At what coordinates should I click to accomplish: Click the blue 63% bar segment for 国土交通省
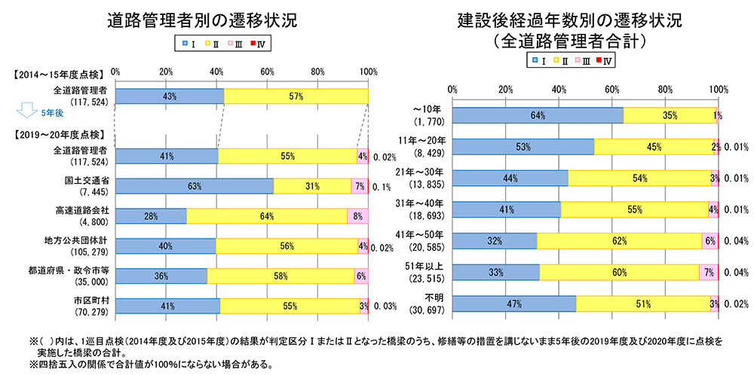point(195,186)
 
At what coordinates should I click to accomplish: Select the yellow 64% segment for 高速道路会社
point(266,216)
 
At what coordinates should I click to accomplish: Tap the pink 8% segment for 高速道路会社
point(357,216)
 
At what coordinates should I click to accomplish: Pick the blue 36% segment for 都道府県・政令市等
point(161,276)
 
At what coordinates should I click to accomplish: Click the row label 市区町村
point(93,301)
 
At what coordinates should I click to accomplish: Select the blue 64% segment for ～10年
point(538,115)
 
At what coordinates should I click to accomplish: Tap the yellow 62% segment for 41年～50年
point(619,240)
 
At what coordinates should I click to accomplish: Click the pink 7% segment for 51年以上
point(709,273)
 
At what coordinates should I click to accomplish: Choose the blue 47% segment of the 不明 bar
point(515,303)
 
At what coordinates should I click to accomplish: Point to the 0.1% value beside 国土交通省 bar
point(382,187)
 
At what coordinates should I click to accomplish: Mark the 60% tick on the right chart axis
point(612,89)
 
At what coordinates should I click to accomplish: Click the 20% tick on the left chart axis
point(166,71)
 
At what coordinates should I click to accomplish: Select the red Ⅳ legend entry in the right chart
point(603,59)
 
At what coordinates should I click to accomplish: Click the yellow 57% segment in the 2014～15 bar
point(296,96)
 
